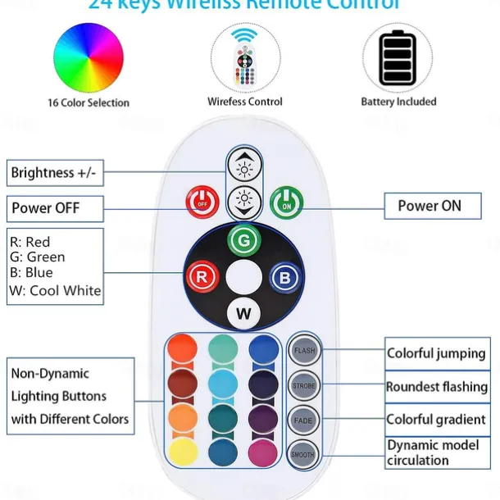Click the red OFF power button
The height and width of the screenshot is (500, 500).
coord(202,202)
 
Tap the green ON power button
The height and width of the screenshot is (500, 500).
coord(287,203)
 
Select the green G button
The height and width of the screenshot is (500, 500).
coord(243,241)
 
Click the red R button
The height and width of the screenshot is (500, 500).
coord(201,276)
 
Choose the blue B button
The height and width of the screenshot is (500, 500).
coord(284,277)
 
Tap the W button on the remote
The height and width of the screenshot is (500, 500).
coord(243,312)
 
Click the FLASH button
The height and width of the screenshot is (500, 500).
coord(304,350)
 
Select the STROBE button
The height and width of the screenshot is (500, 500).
coord(304,384)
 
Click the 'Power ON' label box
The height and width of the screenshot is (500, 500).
coord(430,206)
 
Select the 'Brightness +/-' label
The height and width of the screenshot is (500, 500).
coord(55,173)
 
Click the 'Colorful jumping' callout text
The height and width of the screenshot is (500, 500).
coord(436,354)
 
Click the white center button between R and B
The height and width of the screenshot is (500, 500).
coord(243,277)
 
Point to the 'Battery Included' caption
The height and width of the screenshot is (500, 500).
coord(398,102)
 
